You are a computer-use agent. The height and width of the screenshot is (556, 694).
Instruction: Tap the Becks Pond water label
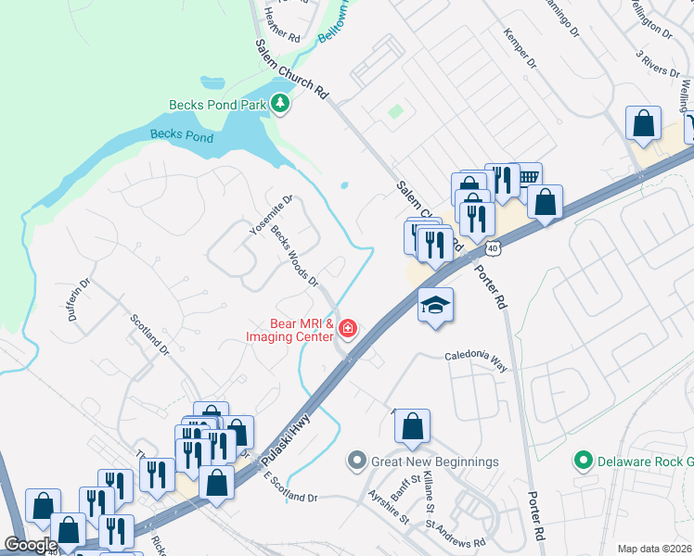[182, 136]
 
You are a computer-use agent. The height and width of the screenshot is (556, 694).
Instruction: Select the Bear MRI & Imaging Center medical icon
[348, 328]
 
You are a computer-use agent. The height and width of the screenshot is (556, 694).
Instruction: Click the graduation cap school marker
[433, 305]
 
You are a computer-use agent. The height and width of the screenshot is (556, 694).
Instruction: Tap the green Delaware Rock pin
[583, 461]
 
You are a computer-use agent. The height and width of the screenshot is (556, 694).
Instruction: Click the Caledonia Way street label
[476, 360]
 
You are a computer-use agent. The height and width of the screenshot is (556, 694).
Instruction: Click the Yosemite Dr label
[272, 214]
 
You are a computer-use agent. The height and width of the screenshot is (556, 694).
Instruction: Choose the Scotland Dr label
[149, 335]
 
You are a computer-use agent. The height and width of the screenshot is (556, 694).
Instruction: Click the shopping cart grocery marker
[528, 175]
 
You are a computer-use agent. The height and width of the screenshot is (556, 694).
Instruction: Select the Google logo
[30, 545]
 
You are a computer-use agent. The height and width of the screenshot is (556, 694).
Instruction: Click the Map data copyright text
[655, 549]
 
